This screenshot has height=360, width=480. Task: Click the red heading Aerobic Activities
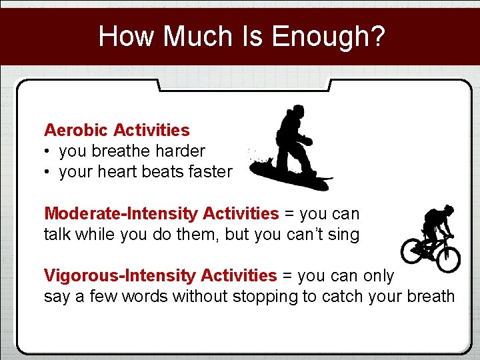[x=117, y=130]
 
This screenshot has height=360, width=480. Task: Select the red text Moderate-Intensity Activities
[x=161, y=214]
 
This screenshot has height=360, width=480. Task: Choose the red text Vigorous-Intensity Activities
[x=160, y=275]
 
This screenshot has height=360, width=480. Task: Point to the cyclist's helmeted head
[x=449, y=209]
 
